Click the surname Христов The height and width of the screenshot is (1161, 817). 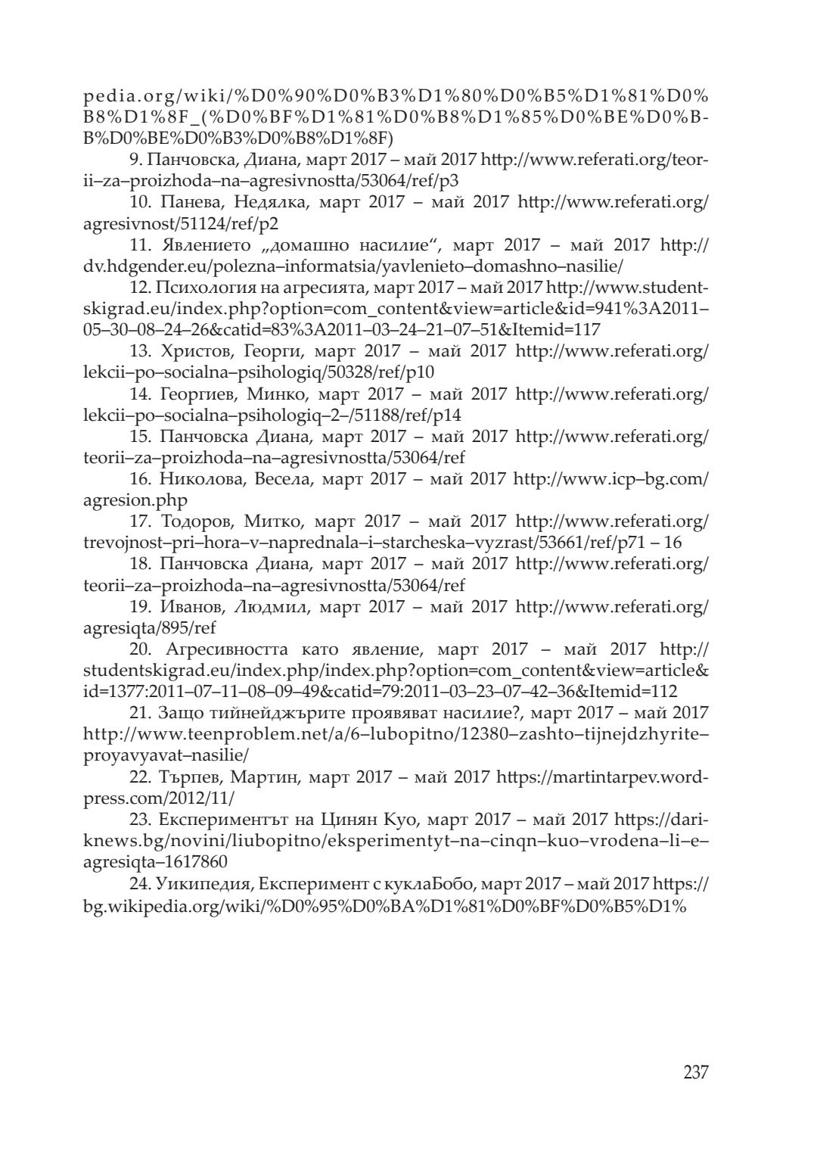[x=193, y=352]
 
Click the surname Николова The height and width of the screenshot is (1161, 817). [x=199, y=479]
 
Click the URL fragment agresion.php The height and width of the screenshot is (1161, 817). [x=135, y=500]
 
